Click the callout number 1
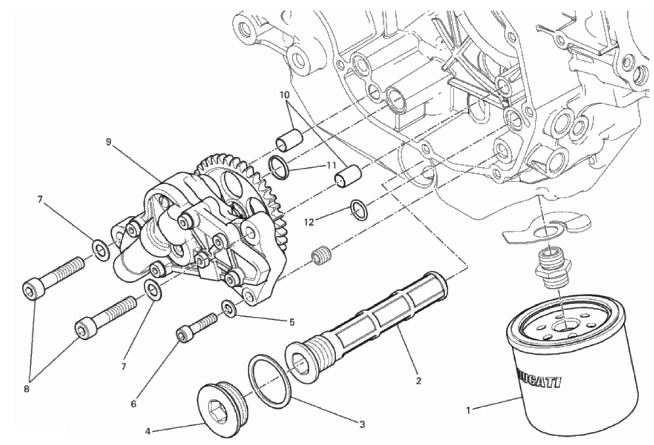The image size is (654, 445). pos(468,410)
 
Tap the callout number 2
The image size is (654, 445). pos(419,380)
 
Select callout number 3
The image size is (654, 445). pos(362,425)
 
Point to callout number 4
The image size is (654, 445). pos(147,431)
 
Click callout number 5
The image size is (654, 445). pos(292,322)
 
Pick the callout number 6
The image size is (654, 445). pos(133,404)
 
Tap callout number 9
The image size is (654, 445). pos(109,142)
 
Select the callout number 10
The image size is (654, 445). pos(285,95)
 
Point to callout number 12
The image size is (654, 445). pos(309,222)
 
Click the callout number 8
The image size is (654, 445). pos(27,389)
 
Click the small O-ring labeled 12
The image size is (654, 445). pos(359,209)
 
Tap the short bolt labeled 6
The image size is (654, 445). pos(196,327)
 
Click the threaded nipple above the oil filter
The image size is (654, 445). pos(549,268)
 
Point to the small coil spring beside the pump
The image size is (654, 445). pos(322,255)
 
